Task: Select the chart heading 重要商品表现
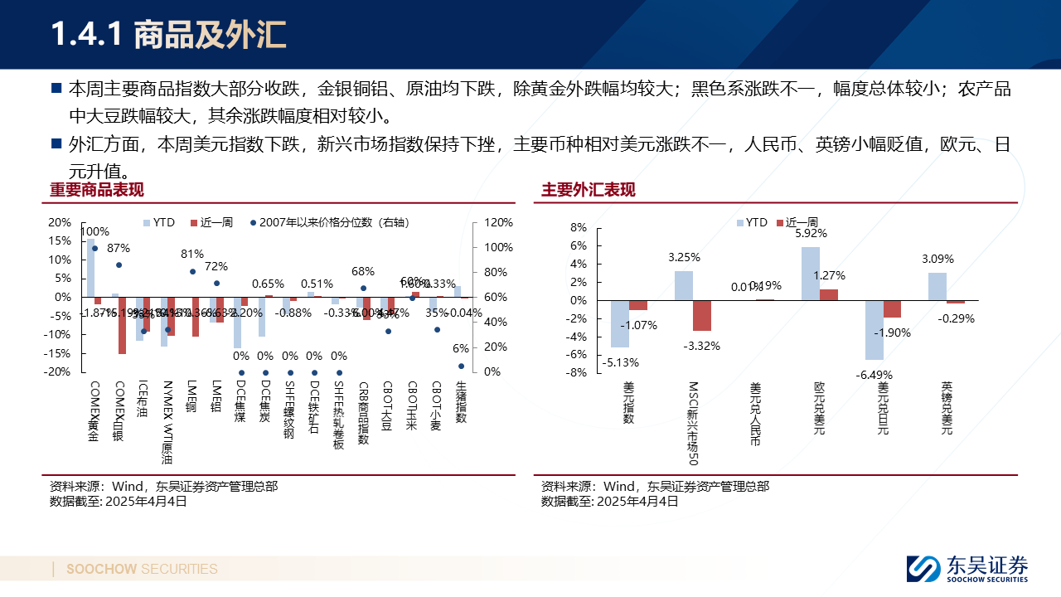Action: (97, 190)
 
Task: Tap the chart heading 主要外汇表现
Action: (589, 190)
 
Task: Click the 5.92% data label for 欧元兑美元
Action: (811, 234)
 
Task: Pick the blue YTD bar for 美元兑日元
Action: (874, 330)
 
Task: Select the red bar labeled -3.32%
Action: (702, 315)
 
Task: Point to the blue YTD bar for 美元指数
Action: (620, 323)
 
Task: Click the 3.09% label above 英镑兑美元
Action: (937, 259)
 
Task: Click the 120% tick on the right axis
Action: (498, 222)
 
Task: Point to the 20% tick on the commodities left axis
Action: (60, 222)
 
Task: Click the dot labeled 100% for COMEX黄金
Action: (94, 248)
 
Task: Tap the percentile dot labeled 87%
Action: (119, 265)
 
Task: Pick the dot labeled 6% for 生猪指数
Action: (461, 366)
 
